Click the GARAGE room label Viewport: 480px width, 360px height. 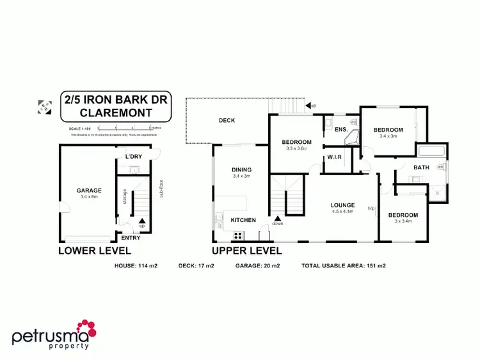tap(89, 191)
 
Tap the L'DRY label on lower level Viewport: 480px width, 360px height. tap(133, 157)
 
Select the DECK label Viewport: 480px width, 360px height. tap(227, 120)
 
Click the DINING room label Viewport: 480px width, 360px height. tap(243, 169)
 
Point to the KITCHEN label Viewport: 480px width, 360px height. tap(243, 220)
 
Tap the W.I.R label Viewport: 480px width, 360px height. tap(333, 157)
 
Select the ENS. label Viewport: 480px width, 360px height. tap(340, 130)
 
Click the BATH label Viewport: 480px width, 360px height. tap(421, 168)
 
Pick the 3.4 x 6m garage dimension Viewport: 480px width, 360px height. tap(89, 197)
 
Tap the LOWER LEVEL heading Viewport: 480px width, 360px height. tap(99, 250)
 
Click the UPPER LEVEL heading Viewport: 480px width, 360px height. tap(246, 250)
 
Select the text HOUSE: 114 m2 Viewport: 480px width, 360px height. tap(135, 265)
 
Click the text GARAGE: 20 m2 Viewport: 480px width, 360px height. tap(258, 265)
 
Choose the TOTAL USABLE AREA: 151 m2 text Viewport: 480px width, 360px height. tap(343, 265)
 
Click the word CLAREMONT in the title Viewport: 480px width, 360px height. tap(116, 113)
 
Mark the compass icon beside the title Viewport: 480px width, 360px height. tap(44, 107)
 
